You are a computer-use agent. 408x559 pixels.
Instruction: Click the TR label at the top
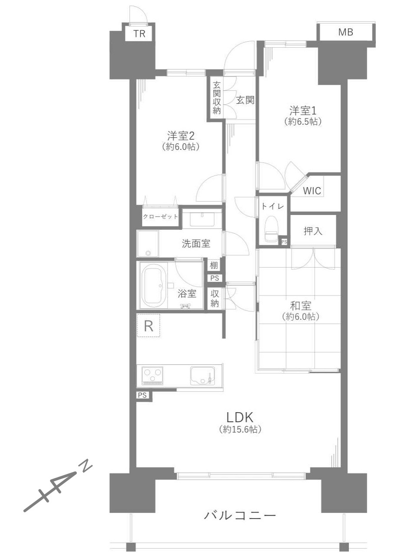pos(139,33)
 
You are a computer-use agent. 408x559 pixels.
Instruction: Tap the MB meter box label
pos(345,32)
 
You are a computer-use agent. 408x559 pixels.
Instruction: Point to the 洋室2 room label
pos(181,136)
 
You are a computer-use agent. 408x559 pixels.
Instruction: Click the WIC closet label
pos(312,191)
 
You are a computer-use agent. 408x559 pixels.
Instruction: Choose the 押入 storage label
pos(313,231)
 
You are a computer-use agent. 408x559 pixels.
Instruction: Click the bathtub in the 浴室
pos(154,285)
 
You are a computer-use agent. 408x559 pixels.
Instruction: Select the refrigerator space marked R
pos(148,326)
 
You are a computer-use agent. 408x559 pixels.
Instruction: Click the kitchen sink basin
pos(202,376)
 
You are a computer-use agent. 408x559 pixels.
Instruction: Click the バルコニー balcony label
pos(240,515)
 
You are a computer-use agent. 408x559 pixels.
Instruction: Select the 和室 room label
pos(301,306)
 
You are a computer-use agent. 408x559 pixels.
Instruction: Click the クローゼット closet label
pos(160,217)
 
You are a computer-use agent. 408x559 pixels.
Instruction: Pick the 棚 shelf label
pos(214,265)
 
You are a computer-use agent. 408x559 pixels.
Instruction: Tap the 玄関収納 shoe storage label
pos(217,98)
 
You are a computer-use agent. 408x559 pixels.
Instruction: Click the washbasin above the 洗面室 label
pos(202,219)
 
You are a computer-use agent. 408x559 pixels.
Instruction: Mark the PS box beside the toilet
pos(284,242)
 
